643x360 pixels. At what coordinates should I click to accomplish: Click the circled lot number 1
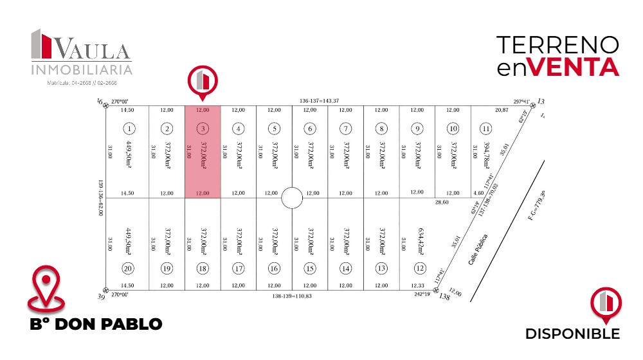(130, 127)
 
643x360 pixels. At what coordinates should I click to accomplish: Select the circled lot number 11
(486, 127)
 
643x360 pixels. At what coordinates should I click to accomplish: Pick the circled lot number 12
(421, 268)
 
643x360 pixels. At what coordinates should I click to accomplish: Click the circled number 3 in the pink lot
(203, 127)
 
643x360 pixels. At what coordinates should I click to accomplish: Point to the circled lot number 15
(310, 268)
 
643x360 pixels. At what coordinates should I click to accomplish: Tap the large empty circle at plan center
(292, 198)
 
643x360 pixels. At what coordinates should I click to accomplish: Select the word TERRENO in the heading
(558, 45)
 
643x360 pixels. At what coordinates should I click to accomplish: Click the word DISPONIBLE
(572, 334)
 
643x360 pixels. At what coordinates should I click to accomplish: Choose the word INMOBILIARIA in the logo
(82, 69)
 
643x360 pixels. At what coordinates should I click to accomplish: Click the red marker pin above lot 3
(203, 82)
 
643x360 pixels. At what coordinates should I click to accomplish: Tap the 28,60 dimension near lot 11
(442, 203)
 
